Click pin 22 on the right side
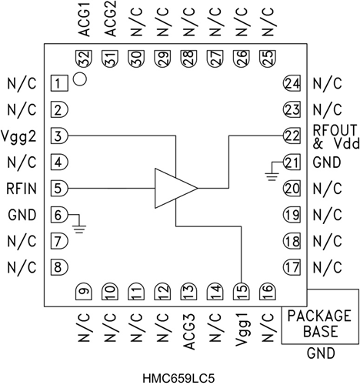(x=290, y=135)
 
